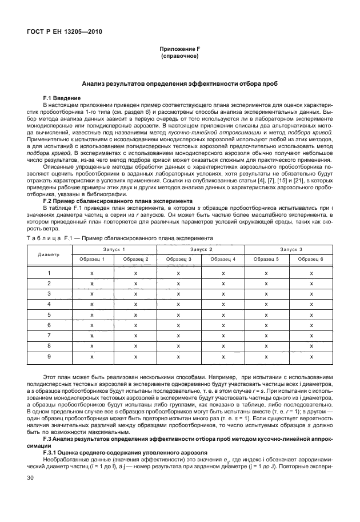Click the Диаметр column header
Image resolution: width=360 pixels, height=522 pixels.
[x=49, y=254]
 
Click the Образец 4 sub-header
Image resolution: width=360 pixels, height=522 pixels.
[x=223, y=259]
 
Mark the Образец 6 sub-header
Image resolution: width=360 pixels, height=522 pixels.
[x=311, y=259]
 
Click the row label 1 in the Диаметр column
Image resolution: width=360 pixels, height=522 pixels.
[x=49, y=273]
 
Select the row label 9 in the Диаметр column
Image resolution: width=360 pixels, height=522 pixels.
[x=49, y=356]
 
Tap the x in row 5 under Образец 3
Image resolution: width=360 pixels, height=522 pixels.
[x=179, y=315]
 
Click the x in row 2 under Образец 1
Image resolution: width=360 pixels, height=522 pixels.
[x=92, y=284]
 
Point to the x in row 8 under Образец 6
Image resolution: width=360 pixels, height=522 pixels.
[x=311, y=346]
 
